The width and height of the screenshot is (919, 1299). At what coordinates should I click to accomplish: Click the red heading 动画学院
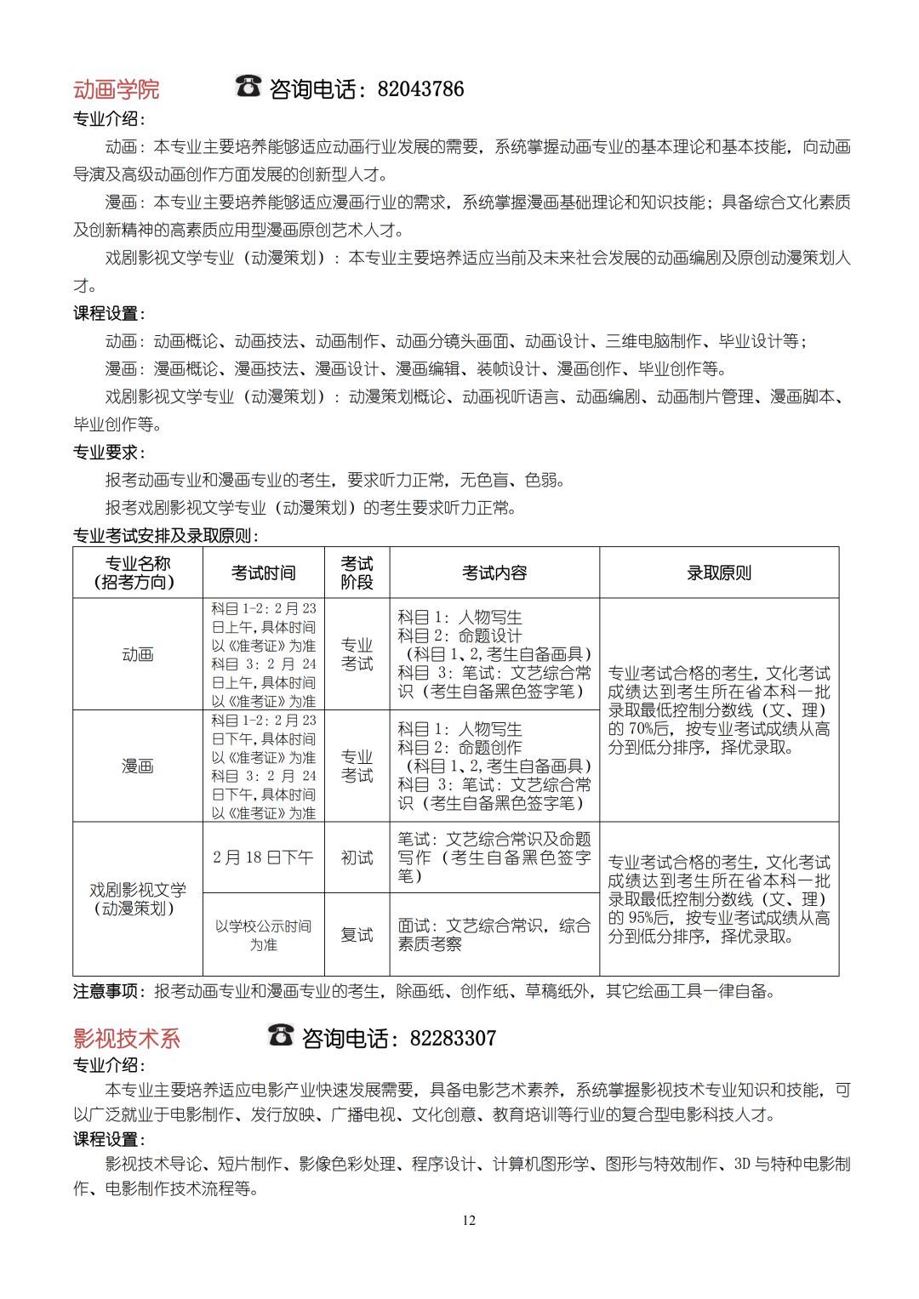click(x=116, y=89)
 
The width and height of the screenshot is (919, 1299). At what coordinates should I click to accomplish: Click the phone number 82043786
click(x=420, y=89)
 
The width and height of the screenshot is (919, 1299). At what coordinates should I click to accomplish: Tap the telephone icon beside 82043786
click(x=248, y=86)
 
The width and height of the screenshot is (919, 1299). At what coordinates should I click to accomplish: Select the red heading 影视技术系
click(x=127, y=1039)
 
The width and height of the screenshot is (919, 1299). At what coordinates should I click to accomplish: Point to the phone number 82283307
click(x=453, y=1039)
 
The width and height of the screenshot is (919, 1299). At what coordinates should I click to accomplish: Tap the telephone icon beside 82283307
click(x=281, y=1035)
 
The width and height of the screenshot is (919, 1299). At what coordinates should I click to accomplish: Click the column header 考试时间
click(x=264, y=573)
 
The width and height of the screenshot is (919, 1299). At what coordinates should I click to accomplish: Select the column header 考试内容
click(x=494, y=573)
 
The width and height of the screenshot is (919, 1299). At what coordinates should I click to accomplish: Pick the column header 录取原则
click(x=719, y=573)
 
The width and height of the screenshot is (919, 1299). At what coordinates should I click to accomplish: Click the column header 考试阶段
click(x=357, y=573)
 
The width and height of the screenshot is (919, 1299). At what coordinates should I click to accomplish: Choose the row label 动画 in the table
click(x=138, y=655)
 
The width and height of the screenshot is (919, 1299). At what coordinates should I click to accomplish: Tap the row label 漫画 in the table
click(x=138, y=766)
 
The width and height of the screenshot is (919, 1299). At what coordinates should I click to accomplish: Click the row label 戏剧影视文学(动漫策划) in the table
click(x=138, y=899)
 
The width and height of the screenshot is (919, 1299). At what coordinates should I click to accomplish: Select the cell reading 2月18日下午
click(x=264, y=857)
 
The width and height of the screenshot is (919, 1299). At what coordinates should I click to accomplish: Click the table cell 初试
click(x=357, y=857)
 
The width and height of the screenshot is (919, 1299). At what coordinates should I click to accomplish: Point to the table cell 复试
click(x=357, y=935)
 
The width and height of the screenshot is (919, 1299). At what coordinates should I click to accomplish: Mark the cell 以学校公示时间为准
click(x=264, y=935)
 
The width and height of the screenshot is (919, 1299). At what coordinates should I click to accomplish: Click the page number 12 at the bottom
click(x=469, y=1221)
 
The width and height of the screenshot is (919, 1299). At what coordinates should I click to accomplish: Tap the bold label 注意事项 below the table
click(x=106, y=991)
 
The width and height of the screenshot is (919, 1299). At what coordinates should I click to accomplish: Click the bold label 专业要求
click(x=108, y=453)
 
